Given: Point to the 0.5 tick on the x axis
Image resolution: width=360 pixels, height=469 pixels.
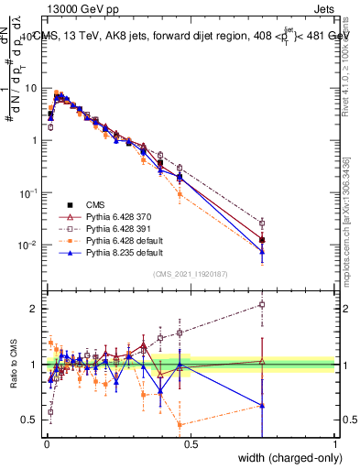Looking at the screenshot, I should (191, 443).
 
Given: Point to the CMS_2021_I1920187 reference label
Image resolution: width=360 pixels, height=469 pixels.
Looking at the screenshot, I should (191, 274).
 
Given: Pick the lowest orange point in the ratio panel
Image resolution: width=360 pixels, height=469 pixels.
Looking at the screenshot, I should (180, 425).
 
